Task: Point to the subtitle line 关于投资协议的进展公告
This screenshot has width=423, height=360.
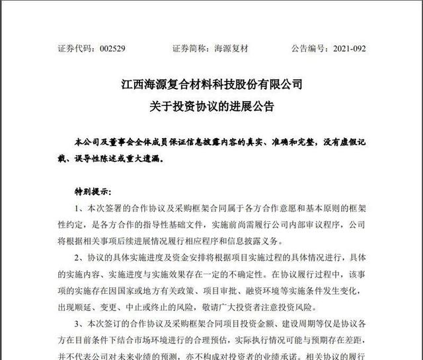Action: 211,106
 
